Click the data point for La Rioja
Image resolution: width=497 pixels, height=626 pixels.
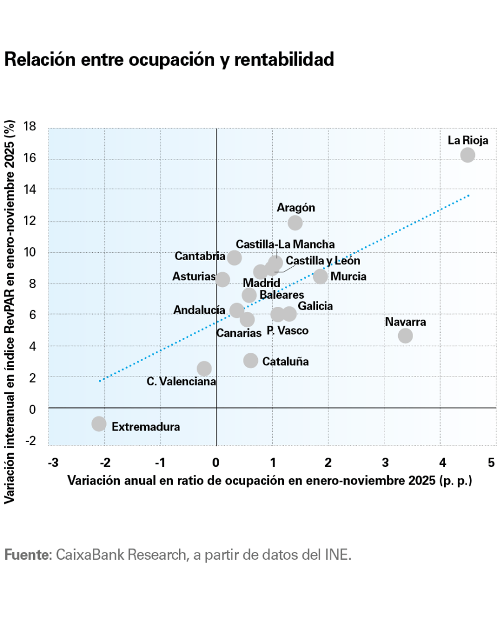click(467, 155)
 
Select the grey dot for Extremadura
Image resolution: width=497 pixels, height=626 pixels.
click(99, 423)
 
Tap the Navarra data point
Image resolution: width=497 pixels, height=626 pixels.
click(405, 335)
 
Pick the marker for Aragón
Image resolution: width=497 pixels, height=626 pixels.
click(295, 222)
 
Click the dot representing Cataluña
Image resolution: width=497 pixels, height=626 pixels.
click(251, 360)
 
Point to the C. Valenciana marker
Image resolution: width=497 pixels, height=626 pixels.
click(204, 368)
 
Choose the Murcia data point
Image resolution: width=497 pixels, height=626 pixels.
click(320, 276)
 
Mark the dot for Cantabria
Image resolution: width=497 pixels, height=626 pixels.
click(234, 257)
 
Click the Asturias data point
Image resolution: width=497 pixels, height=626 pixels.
click(223, 279)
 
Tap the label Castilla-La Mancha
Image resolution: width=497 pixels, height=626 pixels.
click(285, 244)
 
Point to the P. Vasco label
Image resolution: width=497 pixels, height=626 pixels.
click(287, 331)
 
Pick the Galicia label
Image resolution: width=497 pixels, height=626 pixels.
click(315, 306)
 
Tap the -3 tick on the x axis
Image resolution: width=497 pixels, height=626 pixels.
click(53, 462)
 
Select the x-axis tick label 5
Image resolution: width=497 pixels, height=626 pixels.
click(491, 462)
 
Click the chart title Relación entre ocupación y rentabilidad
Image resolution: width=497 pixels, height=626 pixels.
click(169, 59)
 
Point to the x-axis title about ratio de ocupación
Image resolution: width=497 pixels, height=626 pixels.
click(269, 480)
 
